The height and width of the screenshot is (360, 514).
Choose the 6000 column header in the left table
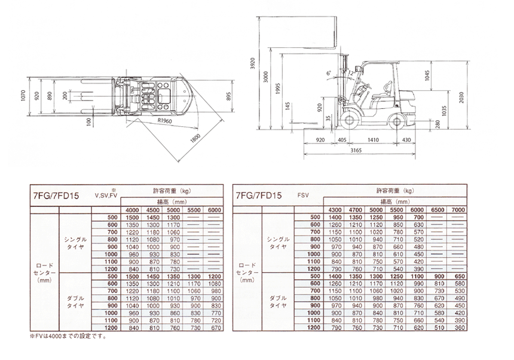tap(213, 209)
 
